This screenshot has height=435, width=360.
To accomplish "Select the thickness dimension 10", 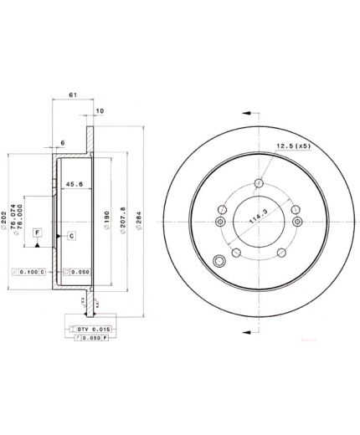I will pos(100,110).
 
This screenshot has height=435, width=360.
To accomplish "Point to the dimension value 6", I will pos(62,143).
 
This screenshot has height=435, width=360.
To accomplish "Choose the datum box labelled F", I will pos(37,232).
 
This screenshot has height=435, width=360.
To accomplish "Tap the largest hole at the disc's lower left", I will pos(221,258).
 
